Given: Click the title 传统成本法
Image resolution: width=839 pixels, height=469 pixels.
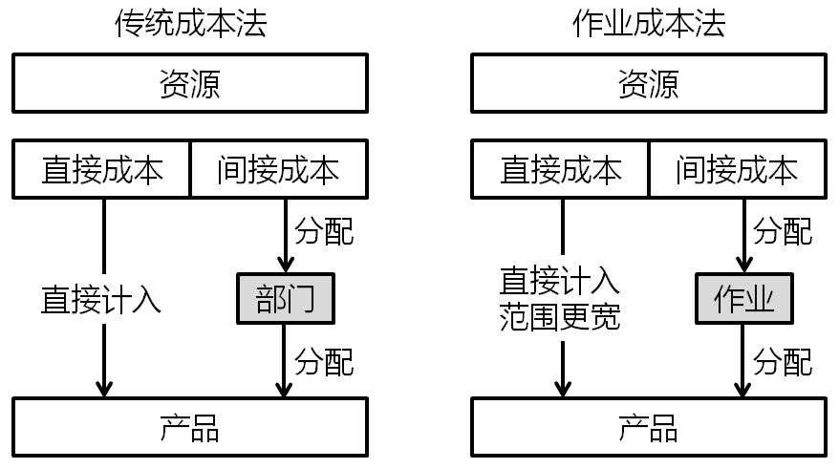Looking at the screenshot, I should click(x=190, y=23).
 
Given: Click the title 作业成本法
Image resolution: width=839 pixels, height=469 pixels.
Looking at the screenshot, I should click(x=648, y=23).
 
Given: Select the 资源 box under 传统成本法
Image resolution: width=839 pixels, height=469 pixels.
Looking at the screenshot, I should click(x=190, y=84).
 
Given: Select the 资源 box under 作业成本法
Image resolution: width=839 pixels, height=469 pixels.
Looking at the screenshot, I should click(x=648, y=84).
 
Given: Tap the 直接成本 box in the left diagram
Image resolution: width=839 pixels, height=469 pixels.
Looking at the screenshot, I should click(x=102, y=170).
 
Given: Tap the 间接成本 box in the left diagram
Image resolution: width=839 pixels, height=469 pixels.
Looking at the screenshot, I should click(x=278, y=170).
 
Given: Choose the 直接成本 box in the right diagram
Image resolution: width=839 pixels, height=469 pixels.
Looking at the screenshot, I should click(x=560, y=170).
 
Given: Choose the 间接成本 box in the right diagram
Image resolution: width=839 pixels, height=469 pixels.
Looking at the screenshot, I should click(x=736, y=170).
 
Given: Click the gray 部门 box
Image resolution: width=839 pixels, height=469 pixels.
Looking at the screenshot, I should click(x=285, y=299).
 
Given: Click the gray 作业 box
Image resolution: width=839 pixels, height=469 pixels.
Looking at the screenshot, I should click(x=742, y=299).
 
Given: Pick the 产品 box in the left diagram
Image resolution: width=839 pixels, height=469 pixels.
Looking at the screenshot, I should click(x=190, y=428).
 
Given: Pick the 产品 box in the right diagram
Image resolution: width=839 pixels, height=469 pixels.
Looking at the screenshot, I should click(x=648, y=428).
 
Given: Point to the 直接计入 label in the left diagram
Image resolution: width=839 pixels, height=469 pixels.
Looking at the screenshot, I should click(x=101, y=299).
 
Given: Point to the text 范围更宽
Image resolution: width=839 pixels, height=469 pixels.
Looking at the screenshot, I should click(x=560, y=316).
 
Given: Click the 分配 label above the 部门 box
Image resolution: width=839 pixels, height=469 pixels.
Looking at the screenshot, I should click(x=324, y=231).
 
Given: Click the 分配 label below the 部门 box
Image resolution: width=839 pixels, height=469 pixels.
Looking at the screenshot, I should click(x=324, y=361).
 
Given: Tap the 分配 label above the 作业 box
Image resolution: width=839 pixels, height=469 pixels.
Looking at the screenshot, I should click(x=783, y=231).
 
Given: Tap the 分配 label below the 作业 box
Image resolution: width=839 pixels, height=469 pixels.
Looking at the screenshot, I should click(x=783, y=361).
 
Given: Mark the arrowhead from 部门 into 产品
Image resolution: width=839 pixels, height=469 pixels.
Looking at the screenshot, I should click(x=284, y=389).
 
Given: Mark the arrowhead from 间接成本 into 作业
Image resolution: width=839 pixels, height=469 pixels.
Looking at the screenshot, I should click(x=742, y=265).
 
